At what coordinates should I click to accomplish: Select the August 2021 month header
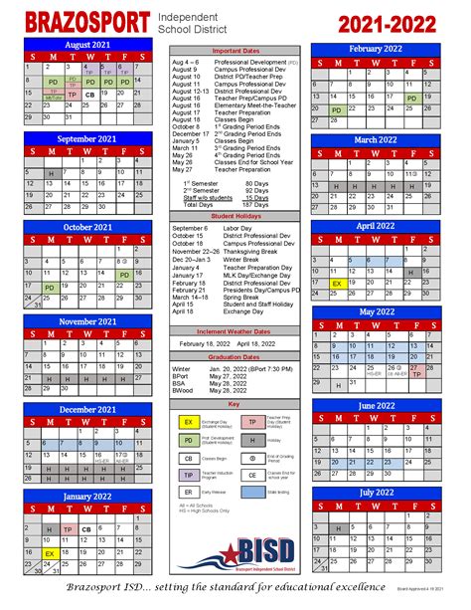(x=88, y=46)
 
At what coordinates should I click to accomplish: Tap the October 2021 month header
(x=88, y=227)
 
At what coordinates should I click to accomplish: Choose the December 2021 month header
(x=88, y=409)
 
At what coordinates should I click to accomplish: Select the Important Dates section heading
(x=235, y=50)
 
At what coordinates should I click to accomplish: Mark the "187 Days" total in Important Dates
(x=256, y=205)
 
